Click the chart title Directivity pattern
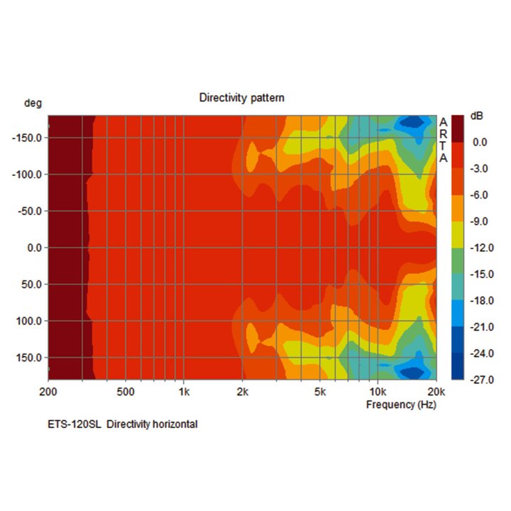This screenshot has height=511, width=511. pyautogui.click(x=241, y=97)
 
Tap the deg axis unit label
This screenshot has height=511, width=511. pyautogui.click(x=33, y=103)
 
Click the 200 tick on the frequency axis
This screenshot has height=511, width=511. pyautogui.click(x=48, y=391)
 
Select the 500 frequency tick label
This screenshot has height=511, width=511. pyautogui.click(x=125, y=391)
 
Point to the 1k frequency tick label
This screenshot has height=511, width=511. pyautogui.click(x=184, y=391)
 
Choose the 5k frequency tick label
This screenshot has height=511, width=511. pyautogui.click(x=319, y=391)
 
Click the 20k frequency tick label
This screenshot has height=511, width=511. pyautogui.click(x=436, y=391)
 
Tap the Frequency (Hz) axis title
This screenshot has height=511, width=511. pyautogui.click(x=401, y=405)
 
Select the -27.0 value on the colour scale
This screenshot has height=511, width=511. pyautogui.click(x=480, y=380)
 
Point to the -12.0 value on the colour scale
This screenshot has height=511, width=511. pyautogui.click(x=480, y=248)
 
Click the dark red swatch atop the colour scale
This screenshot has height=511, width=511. pyautogui.click(x=458, y=127)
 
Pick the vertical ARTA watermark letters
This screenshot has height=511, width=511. pyautogui.click(x=444, y=140)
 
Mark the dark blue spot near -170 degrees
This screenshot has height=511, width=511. pyautogui.click(x=410, y=123)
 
